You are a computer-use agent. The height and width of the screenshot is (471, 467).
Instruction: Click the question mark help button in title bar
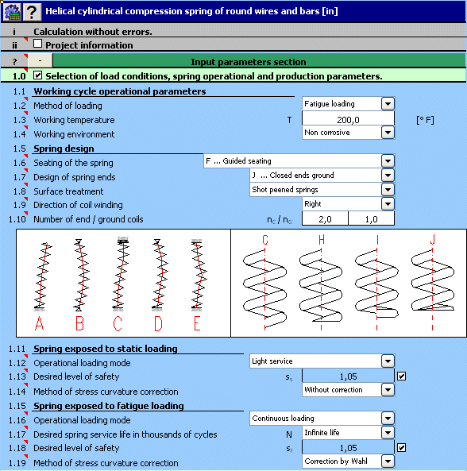[32, 12]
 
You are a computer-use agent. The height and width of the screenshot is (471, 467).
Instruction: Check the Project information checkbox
[37, 44]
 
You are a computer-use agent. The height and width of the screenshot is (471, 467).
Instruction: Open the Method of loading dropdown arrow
[388, 104]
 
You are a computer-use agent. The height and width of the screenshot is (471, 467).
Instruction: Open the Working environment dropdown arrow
[388, 133]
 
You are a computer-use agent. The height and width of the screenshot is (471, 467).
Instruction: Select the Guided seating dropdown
[299, 161]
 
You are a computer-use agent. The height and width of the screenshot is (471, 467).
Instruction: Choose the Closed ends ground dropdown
[322, 176]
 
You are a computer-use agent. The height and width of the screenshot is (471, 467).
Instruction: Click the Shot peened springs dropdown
[322, 190]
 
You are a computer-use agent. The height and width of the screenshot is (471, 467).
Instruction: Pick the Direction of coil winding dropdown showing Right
[348, 204]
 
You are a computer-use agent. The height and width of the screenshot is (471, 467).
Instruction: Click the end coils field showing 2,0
[325, 218]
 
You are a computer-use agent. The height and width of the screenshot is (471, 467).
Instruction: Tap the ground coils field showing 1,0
[372, 218]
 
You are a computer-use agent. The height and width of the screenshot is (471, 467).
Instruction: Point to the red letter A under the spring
[40, 323]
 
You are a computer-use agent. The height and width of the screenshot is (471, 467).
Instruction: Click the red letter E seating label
[197, 323]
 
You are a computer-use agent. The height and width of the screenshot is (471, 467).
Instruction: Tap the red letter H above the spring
[322, 240]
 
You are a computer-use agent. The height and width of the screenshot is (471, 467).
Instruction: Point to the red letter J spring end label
[433, 240]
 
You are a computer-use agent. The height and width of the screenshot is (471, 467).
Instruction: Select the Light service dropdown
[322, 361]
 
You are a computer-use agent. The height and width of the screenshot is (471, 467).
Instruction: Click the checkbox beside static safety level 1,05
[401, 376]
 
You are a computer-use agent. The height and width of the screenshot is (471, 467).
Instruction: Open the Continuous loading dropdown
[322, 418]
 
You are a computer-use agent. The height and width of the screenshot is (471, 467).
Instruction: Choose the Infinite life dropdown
[348, 433]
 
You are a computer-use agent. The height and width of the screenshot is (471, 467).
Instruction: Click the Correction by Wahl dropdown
[348, 461]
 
